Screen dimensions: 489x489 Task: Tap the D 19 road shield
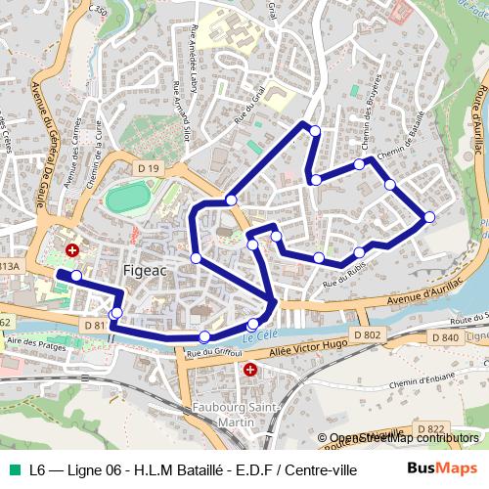click(148, 168)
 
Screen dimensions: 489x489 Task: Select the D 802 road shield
click(367, 335)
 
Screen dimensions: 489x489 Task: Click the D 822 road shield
click(431, 428)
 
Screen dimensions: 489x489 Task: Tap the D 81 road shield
click(95, 325)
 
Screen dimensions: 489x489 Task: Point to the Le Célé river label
click(257, 335)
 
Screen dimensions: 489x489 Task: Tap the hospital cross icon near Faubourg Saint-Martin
click(250, 371)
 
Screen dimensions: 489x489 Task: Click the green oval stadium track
click(128, 199)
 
